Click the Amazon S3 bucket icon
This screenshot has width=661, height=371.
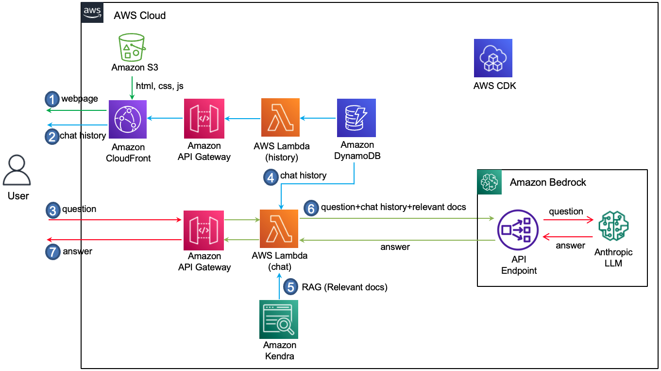[x=132, y=47]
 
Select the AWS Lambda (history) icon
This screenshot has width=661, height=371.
[x=280, y=118]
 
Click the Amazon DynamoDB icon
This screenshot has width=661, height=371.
[x=356, y=118]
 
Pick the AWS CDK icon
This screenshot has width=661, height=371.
[x=493, y=58]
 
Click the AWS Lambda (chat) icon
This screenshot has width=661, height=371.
[x=279, y=229]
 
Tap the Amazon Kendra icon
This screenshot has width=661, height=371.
[x=279, y=319]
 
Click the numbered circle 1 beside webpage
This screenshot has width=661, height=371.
[x=51, y=99]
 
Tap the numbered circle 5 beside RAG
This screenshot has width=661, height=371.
[x=291, y=287]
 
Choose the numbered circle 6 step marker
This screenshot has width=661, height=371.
[x=311, y=208]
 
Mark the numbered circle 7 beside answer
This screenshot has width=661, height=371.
[x=52, y=252]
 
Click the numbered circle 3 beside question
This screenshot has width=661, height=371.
[x=52, y=210]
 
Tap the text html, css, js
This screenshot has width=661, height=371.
[x=160, y=86]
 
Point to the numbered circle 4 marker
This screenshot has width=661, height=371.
[x=271, y=177]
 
